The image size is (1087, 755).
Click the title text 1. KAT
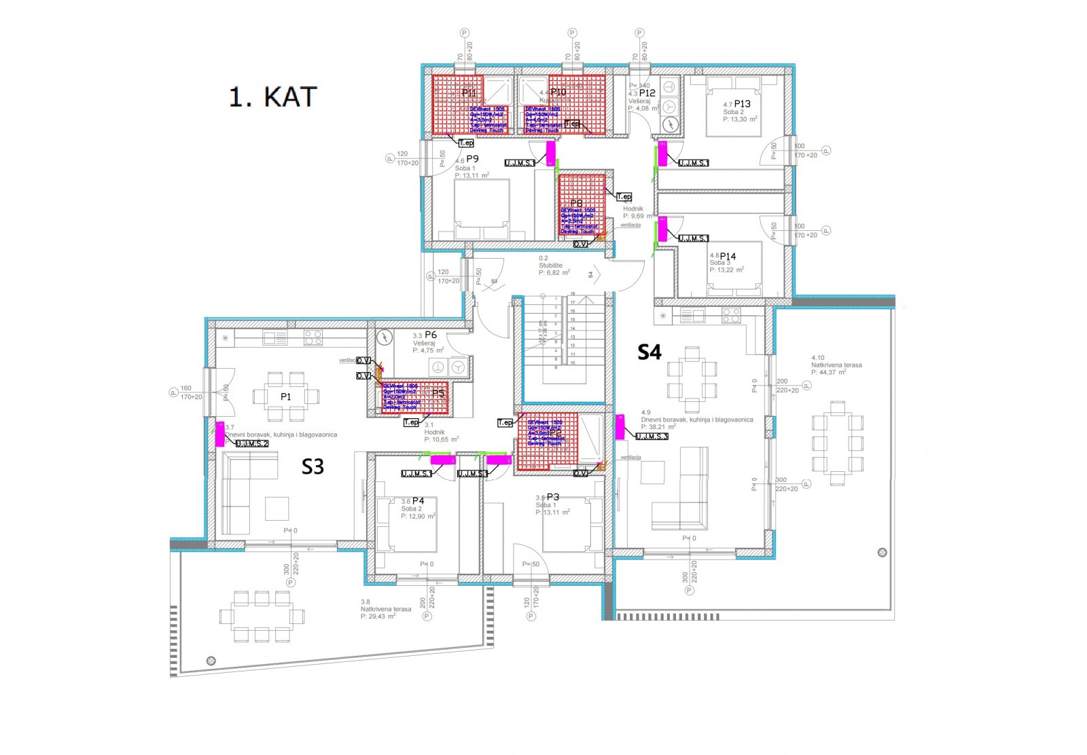tap(272, 97)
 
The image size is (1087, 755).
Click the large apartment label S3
tap(313, 466)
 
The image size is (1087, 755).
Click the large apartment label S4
tap(649, 352)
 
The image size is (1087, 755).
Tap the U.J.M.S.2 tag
tap(252, 443)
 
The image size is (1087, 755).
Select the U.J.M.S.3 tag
tap(652, 437)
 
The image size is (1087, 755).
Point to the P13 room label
tap(742, 104)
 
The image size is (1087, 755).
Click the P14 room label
tap(728, 257)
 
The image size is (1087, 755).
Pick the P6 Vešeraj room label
tap(430, 335)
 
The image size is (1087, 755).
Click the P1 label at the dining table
tap(285, 397)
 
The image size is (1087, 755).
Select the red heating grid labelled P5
tap(414, 398)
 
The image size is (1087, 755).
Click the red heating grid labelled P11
tap(469, 104)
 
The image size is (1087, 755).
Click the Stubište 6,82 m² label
tap(553, 265)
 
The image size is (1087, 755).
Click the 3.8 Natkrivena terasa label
tap(385, 609)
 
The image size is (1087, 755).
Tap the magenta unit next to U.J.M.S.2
tap(219, 434)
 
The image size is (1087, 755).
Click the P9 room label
tap(472, 159)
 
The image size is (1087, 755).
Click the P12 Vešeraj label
tap(646, 93)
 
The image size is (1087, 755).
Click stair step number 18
tap(573, 294)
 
